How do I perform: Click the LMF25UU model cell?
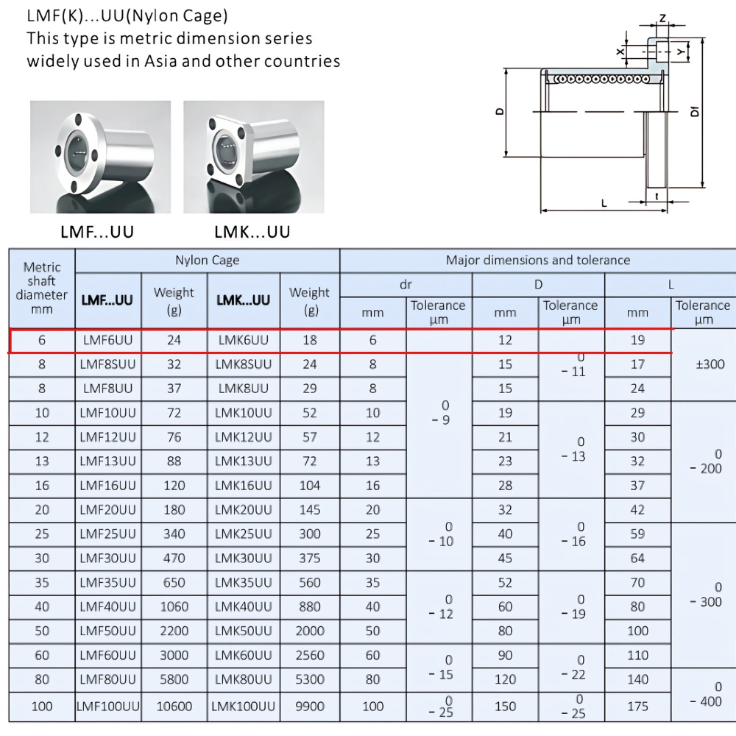click(x=108, y=534)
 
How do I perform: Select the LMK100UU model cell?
click(x=244, y=706)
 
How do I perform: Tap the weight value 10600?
click(x=174, y=706)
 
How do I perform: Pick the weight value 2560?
click(x=310, y=655)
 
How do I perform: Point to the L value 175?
click(x=637, y=706)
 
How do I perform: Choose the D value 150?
click(x=505, y=706)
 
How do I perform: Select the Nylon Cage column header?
click(x=207, y=260)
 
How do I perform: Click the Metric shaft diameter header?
click(x=42, y=288)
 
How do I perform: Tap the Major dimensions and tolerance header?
click(x=538, y=260)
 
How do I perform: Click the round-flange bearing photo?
click(x=100, y=156)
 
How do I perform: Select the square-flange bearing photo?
click(x=253, y=156)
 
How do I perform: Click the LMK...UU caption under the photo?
click(x=252, y=232)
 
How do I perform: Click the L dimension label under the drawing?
click(x=604, y=203)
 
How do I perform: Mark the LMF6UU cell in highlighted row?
click(x=108, y=340)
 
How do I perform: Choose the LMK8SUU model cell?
click(x=244, y=364)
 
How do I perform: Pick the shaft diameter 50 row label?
click(x=42, y=631)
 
